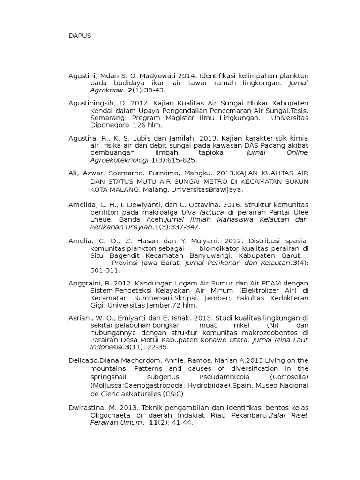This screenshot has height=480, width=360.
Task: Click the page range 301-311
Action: (x=105, y=270)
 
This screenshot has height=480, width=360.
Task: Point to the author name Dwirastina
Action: (x=84, y=407)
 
